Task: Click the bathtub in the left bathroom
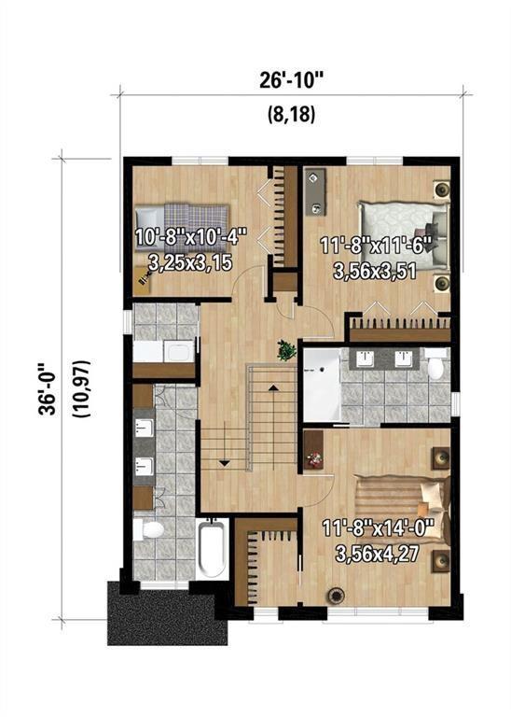(213, 551)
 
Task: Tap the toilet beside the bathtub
(149, 530)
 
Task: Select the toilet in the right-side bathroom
(436, 365)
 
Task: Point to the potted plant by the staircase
(283, 351)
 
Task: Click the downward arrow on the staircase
(224, 460)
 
